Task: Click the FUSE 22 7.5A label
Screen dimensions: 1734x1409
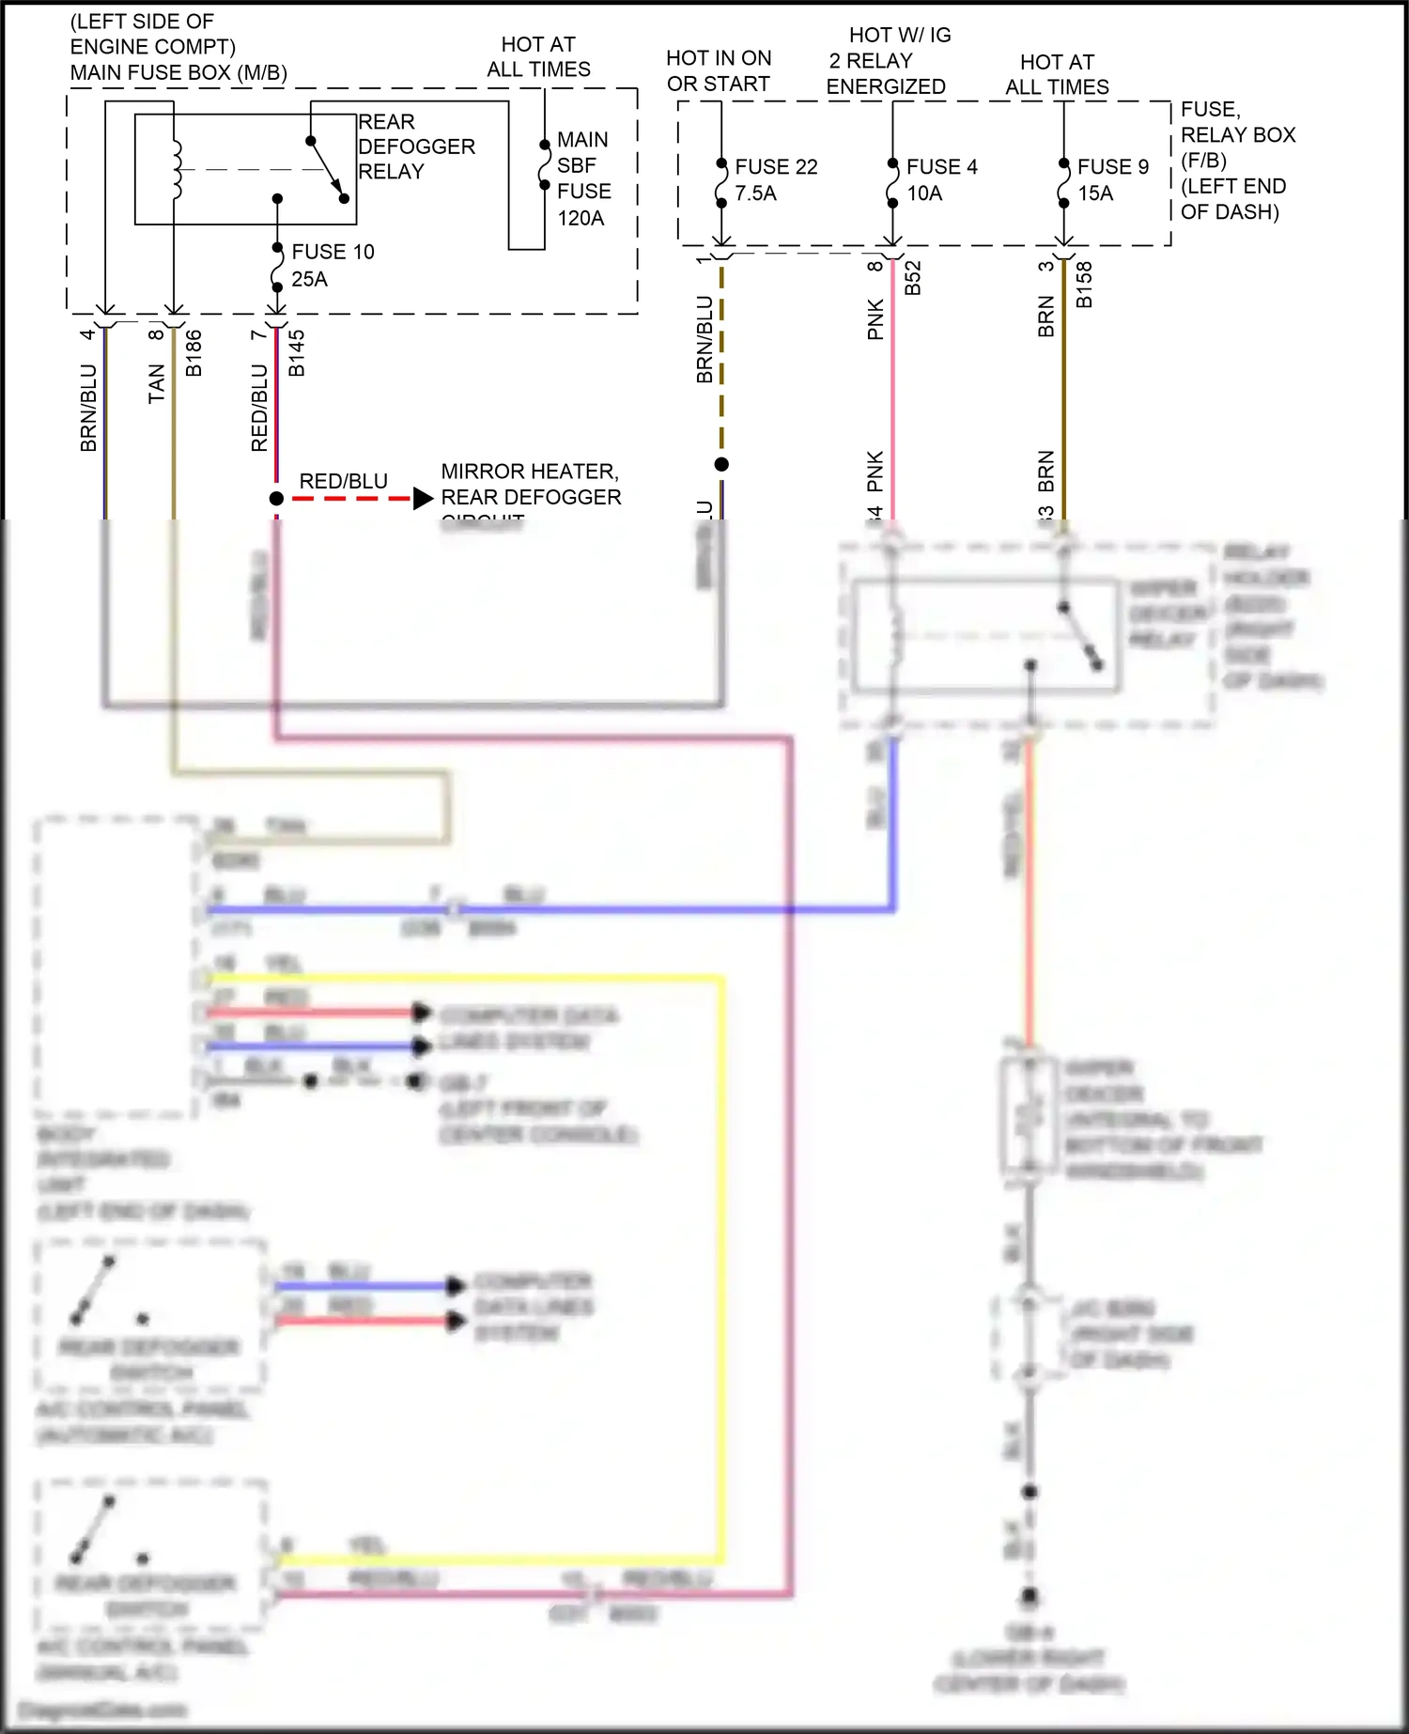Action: pos(775,179)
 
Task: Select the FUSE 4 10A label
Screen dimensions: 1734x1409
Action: pos(940,179)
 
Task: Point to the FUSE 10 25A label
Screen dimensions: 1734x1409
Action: pos(332,265)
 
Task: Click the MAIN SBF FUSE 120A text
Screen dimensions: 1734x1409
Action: pos(583,178)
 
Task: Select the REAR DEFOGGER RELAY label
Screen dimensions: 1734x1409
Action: pos(415,147)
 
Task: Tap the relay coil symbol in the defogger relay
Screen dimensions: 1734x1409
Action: pos(177,170)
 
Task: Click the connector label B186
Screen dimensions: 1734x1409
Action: pos(194,353)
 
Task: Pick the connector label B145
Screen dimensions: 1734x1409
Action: pos(297,353)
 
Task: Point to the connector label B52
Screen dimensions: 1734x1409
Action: pos(912,278)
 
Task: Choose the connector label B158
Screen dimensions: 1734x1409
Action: pos(1084,284)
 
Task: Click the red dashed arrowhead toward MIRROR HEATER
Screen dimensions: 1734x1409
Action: pos(423,499)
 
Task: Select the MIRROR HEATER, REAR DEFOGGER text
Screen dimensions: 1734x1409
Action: pos(531,484)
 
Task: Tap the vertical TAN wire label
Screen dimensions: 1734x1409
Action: pos(156,383)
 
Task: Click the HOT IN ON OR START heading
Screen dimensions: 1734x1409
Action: pos(719,70)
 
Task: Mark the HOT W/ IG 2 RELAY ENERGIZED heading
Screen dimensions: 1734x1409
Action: pos(888,60)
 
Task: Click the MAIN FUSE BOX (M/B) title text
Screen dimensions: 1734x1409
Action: pos(178,72)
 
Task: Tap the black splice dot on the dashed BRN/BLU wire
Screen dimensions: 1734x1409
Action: pos(721,464)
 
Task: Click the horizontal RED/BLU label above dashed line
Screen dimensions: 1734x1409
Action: pos(343,481)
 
